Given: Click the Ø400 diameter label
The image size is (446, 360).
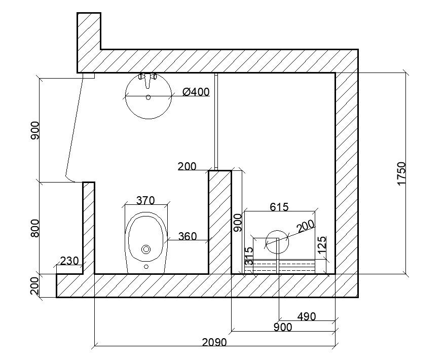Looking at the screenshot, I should tap(196, 92).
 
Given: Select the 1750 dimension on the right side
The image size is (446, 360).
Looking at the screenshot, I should tap(402, 173).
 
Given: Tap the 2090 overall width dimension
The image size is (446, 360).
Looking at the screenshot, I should tap(214, 342).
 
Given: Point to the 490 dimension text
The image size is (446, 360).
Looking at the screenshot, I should tap(306, 316).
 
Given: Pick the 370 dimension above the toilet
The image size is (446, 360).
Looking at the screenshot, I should tap(145, 201).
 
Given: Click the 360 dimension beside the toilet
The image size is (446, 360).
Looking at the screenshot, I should tap(187, 236).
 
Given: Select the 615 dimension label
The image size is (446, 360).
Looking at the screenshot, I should tap(279, 207).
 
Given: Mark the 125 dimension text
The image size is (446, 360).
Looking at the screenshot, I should tap(322, 246).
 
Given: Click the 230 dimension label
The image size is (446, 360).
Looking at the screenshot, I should tap(69, 261).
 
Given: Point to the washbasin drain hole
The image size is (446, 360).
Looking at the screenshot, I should tap(148, 97).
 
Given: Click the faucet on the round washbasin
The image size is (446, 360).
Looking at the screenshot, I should tap(147, 80).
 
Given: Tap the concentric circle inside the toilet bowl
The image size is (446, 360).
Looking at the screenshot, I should tap(146, 249).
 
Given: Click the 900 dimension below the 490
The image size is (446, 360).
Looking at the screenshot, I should tap(282, 327).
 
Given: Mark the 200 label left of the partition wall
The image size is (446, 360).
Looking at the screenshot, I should tap(187, 166).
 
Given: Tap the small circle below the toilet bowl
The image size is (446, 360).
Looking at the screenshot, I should tap(146, 266).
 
